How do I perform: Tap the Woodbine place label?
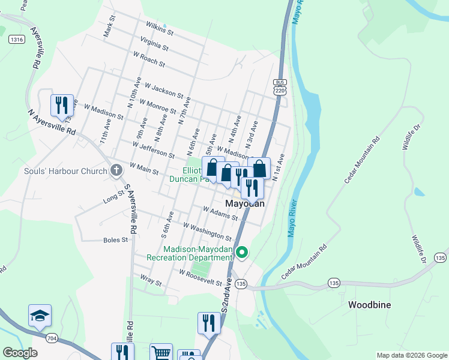pyautogui.click(x=369, y=305)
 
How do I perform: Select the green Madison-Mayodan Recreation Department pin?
pyautogui.click(x=242, y=253)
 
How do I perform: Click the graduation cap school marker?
pyautogui.click(x=40, y=316)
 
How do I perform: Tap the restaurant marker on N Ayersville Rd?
pyautogui.click(x=61, y=106)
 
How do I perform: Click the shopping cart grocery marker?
pyautogui.click(x=161, y=353)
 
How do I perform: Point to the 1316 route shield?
pyautogui.click(x=17, y=40)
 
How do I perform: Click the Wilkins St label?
pyautogui.click(x=159, y=28)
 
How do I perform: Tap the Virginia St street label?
pyautogui.click(x=154, y=43)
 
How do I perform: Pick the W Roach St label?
pyautogui.click(x=149, y=59)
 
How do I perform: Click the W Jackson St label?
pyautogui.click(x=163, y=91)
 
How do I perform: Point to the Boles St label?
pyautogui.click(x=116, y=240)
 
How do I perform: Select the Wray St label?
pyautogui.click(x=151, y=280)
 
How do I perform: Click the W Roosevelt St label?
pyautogui.click(x=205, y=277)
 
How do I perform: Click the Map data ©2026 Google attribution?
pyautogui.click(x=411, y=355)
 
